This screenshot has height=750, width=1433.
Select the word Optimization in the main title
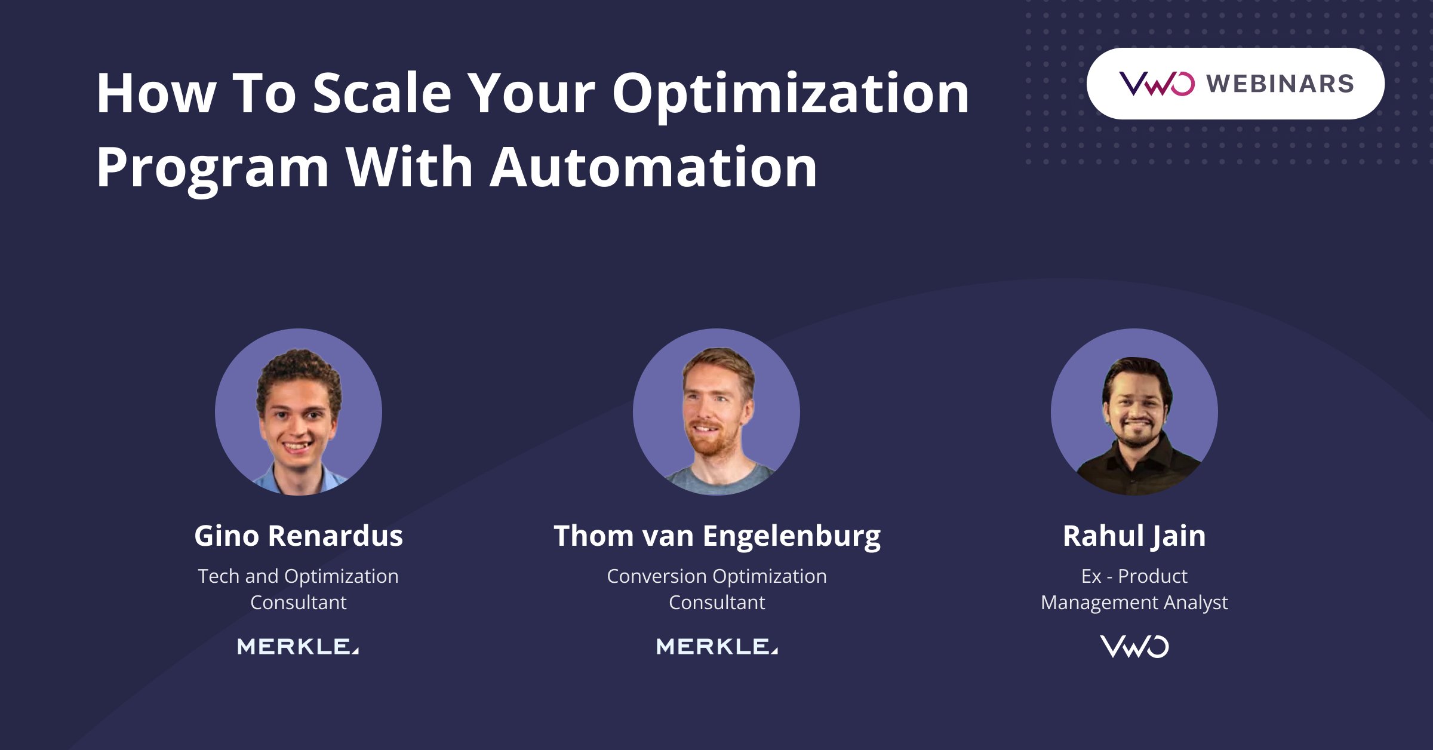[791, 94]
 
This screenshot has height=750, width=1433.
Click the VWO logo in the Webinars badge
[1157, 84]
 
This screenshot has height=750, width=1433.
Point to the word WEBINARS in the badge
[1280, 84]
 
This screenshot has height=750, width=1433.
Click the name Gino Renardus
[299, 536]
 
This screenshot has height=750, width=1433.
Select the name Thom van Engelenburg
[716, 536]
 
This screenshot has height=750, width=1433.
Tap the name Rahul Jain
[1134, 536]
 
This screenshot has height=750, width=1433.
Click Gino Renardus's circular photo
[299, 412]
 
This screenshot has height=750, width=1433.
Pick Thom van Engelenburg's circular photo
[716, 412]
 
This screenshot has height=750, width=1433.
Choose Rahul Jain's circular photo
[1134, 412]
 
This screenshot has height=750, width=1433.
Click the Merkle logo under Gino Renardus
[298, 646]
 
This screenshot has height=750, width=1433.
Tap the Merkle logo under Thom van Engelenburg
[716, 646]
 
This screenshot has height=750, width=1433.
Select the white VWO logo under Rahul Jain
[1134, 647]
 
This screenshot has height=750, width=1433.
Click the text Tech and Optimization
[298, 576]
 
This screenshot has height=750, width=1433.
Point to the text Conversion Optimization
[716, 576]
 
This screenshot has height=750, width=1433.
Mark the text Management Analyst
[1134, 603]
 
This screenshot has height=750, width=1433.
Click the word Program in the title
[213, 168]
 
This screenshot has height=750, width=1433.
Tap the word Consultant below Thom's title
[716, 603]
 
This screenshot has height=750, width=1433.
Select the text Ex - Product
[1134, 576]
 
